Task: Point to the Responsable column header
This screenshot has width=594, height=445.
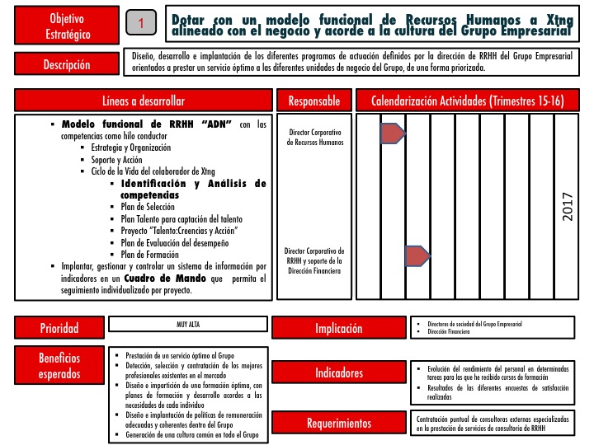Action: (313, 101)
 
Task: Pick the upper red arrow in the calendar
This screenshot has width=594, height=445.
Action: (392, 133)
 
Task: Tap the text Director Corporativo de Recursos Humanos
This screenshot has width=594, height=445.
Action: (314, 137)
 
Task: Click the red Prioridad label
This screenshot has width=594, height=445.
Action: (59, 328)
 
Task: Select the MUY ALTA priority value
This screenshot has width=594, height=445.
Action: (189, 325)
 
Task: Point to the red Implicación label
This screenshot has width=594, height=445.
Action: (338, 328)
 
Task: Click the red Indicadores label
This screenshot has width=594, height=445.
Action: (338, 373)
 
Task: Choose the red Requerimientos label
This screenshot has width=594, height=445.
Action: (338, 424)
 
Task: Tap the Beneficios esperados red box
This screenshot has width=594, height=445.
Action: (59, 366)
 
